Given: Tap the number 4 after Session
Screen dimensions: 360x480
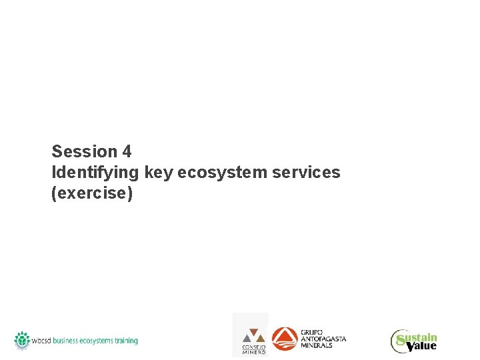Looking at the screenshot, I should click(x=127, y=151).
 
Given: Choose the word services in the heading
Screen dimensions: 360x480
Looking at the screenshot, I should click(x=307, y=173).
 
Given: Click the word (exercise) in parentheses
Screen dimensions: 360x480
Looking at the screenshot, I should click(x=92, y=194).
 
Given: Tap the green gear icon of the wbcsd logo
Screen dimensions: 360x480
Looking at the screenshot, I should click(x=23, y=339).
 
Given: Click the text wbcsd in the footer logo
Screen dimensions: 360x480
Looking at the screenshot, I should click(x=41, y=341).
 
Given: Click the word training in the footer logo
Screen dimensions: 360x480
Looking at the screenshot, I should click(x=125, y=341).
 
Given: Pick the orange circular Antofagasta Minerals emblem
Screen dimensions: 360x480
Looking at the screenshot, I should click(x=285, y=339).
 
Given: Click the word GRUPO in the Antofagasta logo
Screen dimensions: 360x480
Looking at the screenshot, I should click(x=312, y=332).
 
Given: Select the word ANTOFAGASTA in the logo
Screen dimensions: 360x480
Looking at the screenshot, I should click(x=323, y=339).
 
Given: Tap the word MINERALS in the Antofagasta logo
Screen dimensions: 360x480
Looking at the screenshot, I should click(x=317, y=345).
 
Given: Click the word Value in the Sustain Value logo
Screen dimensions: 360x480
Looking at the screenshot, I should click(x=422, y=345).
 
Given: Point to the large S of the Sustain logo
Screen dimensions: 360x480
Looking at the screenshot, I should click(x=400, y=342).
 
